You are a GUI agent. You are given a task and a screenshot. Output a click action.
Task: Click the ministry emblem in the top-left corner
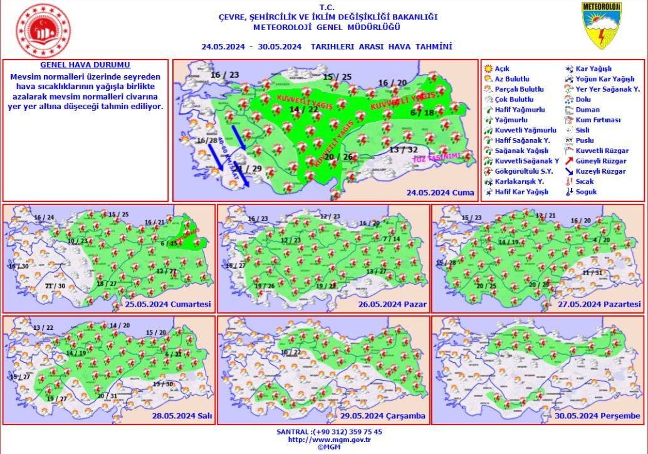coord(43,31)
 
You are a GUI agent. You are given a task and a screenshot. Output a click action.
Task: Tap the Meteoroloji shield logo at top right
coord(601,26)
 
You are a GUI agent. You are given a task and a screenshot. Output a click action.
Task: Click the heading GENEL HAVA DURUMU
coord(85,65)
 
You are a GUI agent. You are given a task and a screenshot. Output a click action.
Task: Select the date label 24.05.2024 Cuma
coord(441,193)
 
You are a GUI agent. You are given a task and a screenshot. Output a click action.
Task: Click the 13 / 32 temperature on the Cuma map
coord(403,149)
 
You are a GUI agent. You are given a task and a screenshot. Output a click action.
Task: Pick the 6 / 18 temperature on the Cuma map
coord(422,113)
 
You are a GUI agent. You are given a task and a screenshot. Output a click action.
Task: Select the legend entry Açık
coord(502,68)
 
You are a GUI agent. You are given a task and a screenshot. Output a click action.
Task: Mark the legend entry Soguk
coord(587,192)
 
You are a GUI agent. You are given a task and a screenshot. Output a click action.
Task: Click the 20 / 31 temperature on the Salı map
coord(107,396)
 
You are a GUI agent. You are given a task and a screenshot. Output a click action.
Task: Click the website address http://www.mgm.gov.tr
coord(328,440)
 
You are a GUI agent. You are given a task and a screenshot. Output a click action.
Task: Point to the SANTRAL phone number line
coord(329,431)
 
